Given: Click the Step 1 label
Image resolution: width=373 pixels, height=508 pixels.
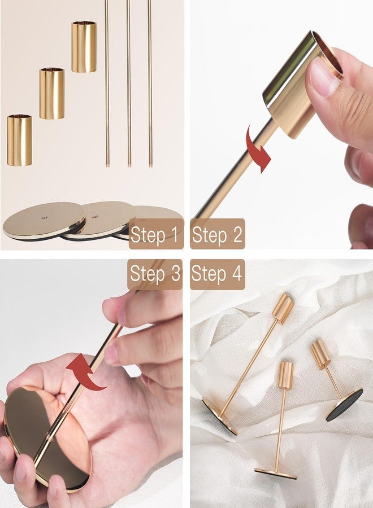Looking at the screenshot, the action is [154, 234].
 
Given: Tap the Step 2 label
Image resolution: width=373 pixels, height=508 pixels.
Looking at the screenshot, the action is [217, 234].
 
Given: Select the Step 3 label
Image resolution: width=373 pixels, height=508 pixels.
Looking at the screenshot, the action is [155, 274].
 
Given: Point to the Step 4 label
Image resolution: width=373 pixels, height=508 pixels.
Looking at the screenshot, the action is [216, 274].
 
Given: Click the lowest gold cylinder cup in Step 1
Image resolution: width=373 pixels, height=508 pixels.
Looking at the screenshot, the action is [19, 140].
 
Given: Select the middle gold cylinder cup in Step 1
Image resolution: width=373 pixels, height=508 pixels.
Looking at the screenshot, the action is [52, 93].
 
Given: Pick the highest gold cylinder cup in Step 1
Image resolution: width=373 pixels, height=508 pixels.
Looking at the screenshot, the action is [84, 47].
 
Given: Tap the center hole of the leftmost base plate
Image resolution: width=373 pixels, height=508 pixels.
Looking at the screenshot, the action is [44, 218].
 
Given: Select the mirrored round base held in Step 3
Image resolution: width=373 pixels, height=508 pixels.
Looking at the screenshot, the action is [46, 438].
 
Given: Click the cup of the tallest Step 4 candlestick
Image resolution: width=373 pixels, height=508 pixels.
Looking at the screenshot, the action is [283, 308].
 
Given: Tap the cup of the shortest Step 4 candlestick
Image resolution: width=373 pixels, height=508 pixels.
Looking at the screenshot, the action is [320, 354].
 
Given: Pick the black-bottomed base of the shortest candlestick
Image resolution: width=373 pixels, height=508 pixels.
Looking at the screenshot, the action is [344, 405].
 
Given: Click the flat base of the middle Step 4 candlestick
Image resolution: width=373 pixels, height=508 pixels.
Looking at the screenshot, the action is [276, 474].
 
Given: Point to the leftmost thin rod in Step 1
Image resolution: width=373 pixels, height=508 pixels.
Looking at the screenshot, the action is [107, 84].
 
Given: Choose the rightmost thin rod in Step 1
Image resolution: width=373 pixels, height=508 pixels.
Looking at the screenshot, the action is [150, 84].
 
